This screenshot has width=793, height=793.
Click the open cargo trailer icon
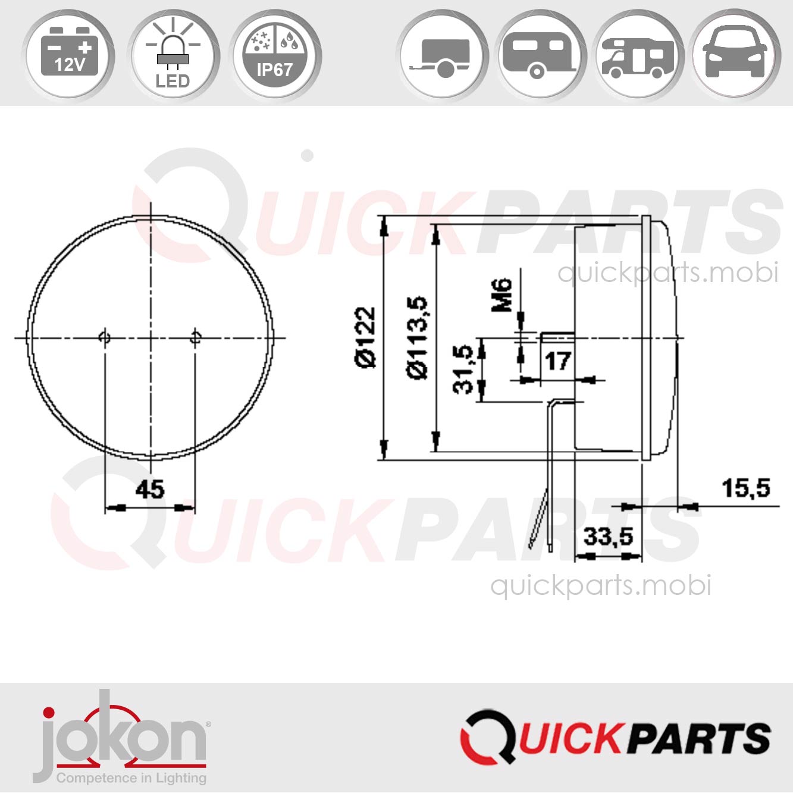[443, 57]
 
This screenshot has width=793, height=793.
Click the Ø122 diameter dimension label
[365, 337]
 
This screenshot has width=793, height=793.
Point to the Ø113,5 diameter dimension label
[418, 337]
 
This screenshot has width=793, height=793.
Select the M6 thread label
[502, 294]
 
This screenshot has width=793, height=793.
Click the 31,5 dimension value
[464, 370]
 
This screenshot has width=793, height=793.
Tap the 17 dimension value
[557, 361]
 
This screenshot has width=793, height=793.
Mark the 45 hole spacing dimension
[149, 490]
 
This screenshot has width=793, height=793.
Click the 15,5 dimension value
[745, 488]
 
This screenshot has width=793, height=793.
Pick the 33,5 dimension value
[608, 537]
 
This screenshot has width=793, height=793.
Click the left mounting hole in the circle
[104, 338]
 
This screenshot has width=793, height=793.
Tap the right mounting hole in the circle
[195, 338]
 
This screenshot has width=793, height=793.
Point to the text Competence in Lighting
[131, 778]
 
